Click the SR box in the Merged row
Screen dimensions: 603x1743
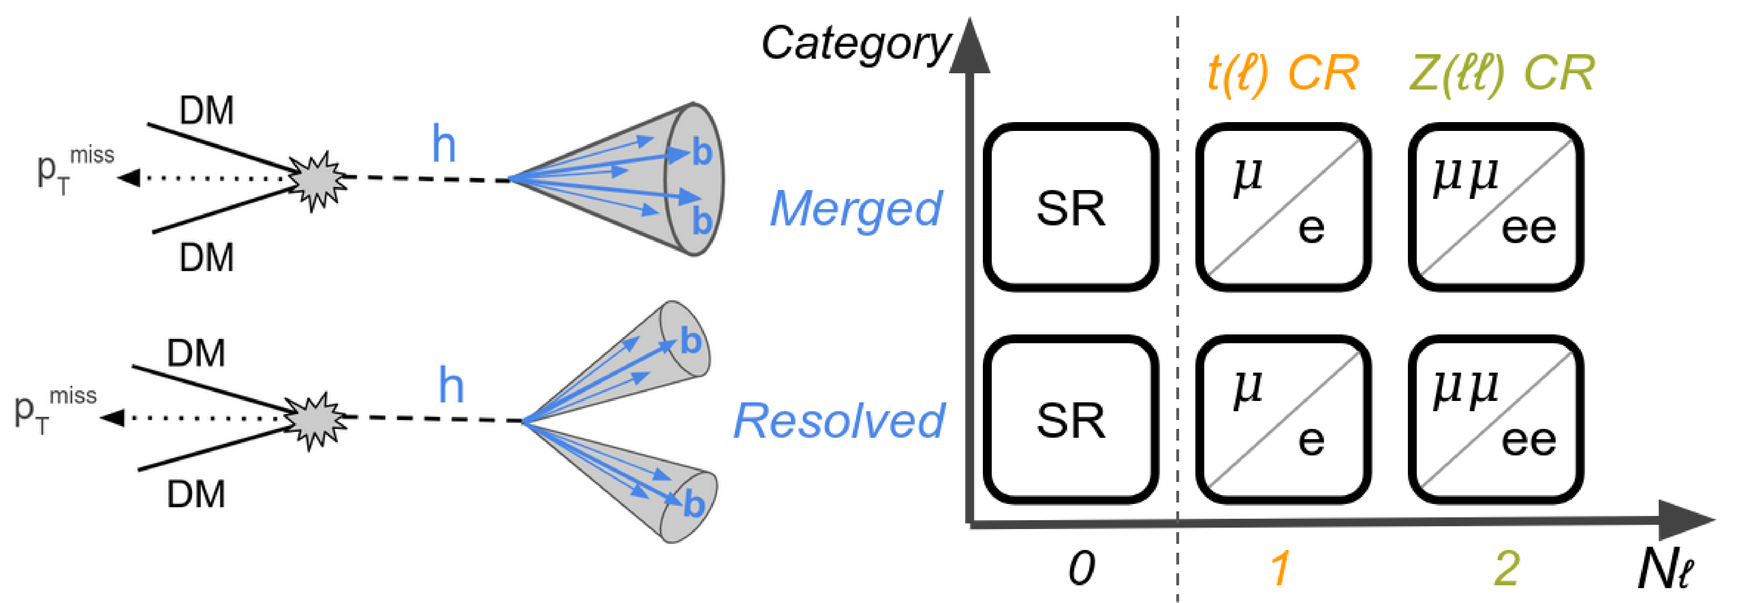(1070, 207)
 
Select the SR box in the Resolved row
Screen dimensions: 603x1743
(1070, 419)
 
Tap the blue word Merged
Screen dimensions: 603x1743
(856, 208)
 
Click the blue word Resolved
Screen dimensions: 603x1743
(839, 420)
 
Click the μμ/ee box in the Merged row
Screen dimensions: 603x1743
(1495, 207)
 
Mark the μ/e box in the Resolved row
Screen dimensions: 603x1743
(1283, 419)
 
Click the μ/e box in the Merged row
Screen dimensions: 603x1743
(1283, 207)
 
